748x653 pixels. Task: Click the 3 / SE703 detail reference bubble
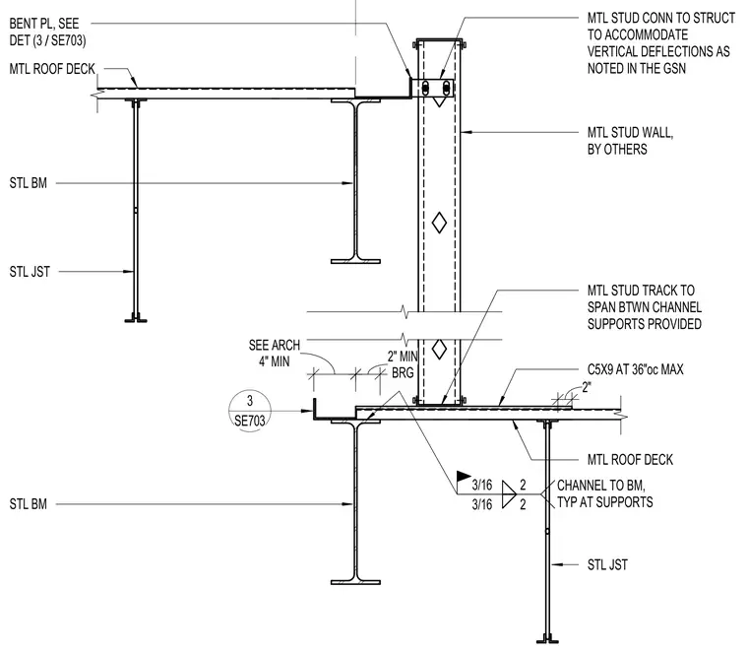tap(250, 411)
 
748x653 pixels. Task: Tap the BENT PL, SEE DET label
tap(47, 32)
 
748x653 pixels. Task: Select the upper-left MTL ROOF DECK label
tap(52, 69)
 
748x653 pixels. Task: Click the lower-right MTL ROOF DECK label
tap(630, 460)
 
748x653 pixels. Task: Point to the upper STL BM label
tap(29, 183)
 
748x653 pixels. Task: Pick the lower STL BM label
tap(29, 504)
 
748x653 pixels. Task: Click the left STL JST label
tap(30, 272)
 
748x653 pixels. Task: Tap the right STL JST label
tap(607, 565)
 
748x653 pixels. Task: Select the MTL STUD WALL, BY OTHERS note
tap(630, 141)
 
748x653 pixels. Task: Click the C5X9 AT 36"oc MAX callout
tap(636, 369)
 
